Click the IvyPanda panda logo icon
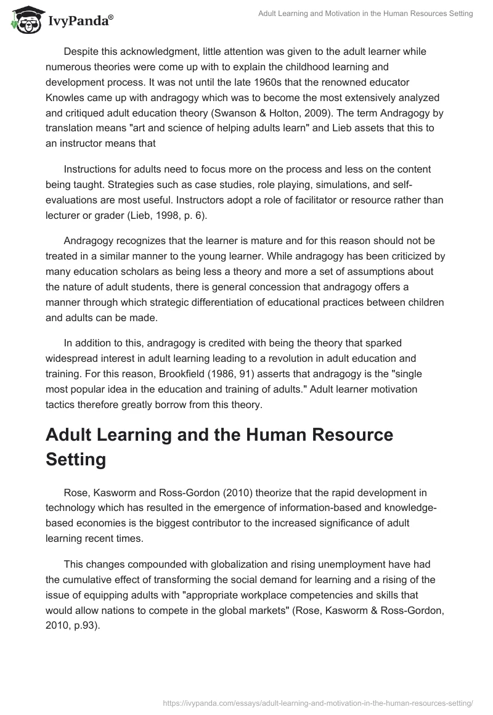click(23, 19)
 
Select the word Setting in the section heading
click(76, 460)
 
